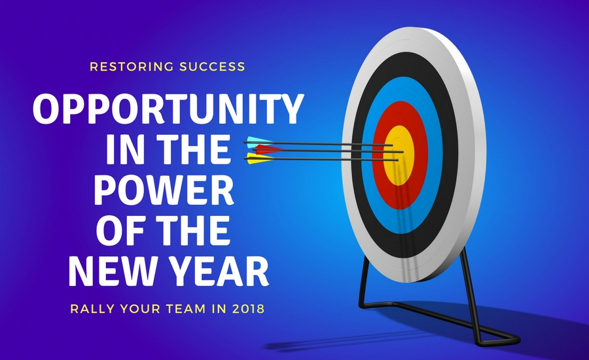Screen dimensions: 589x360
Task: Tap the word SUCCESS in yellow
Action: (212, 67)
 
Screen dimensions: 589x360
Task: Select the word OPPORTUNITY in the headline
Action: (168, 108)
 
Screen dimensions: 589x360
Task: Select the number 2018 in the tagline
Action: (248, 309)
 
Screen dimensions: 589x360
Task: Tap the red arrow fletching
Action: (268, 150)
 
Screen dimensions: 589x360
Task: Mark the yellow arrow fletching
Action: (259, 159)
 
